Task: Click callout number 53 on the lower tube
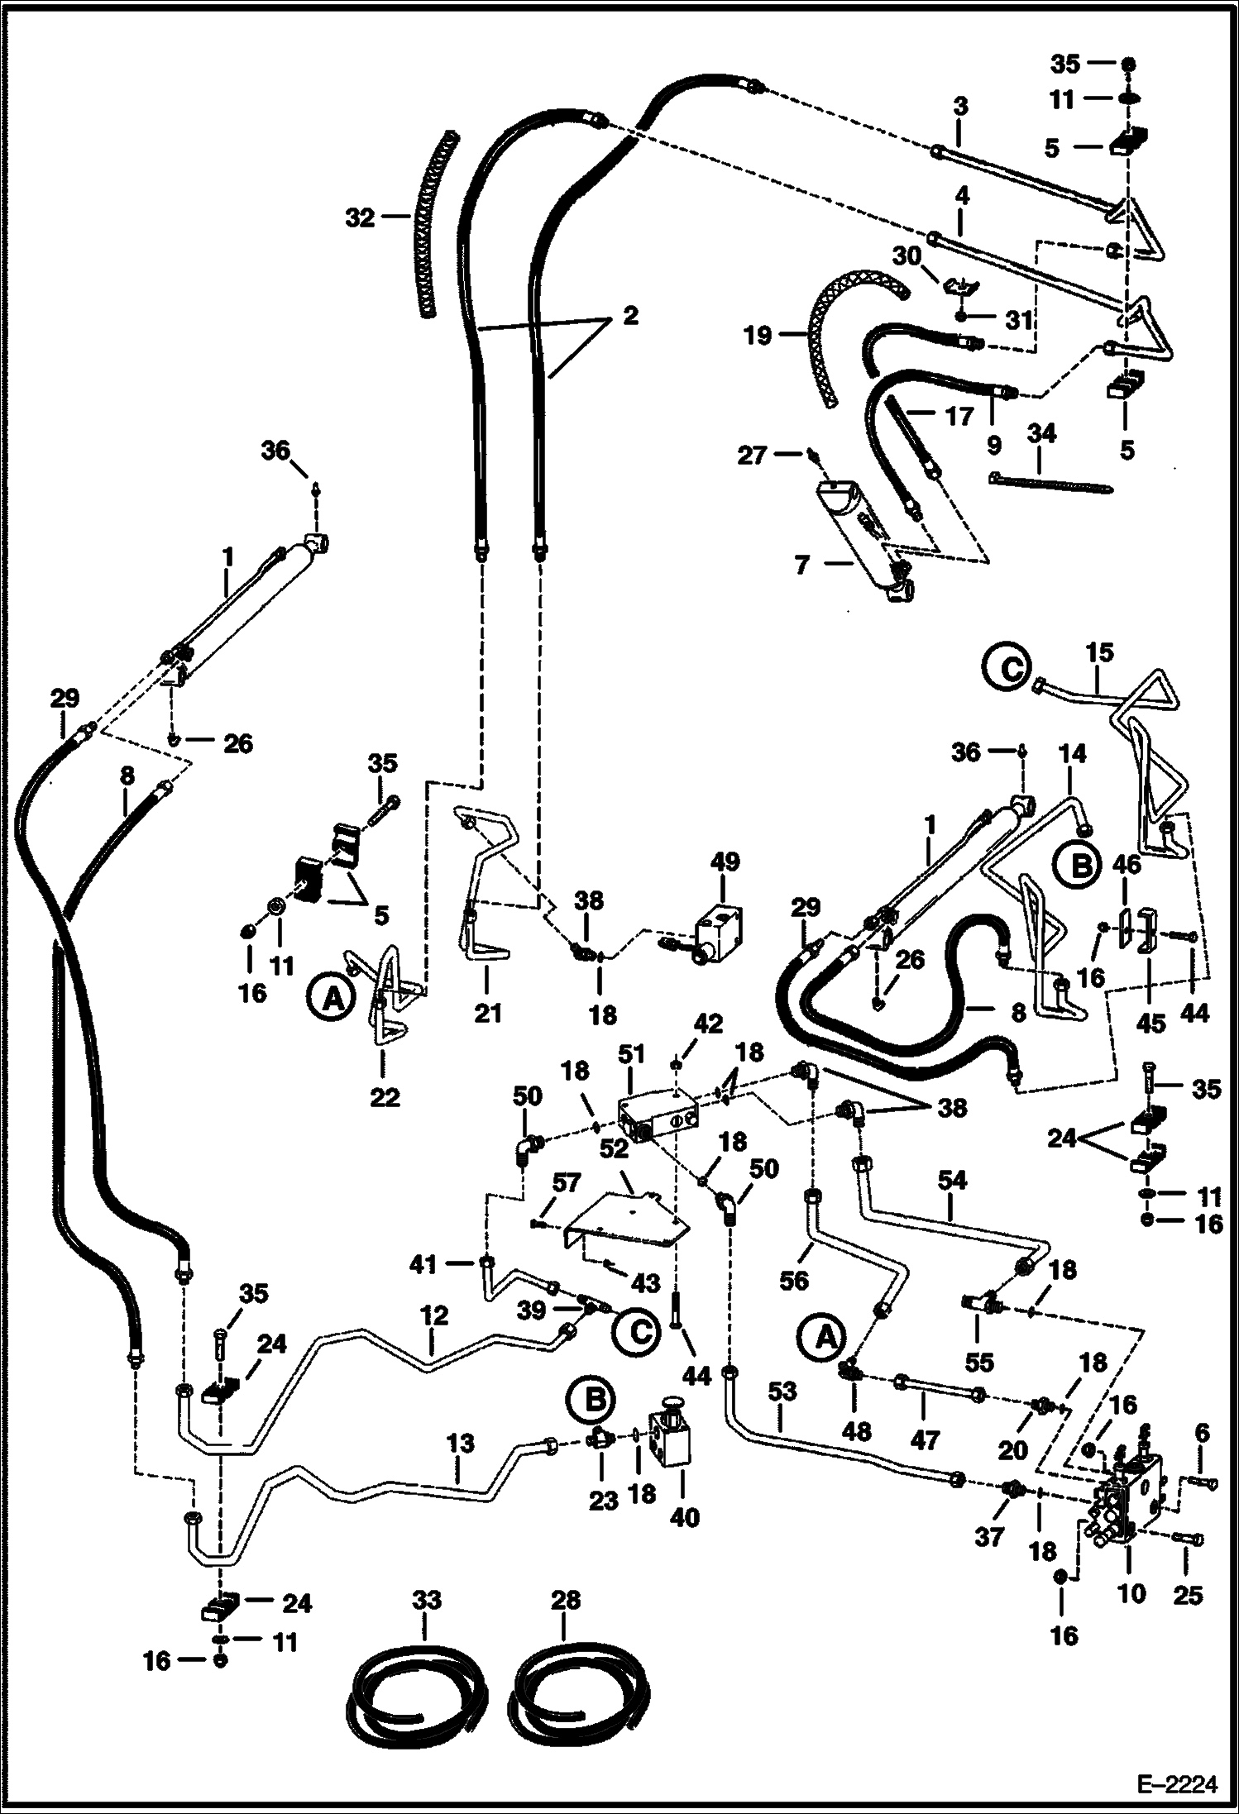(x=782, y=1391)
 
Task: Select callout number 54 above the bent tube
(x=952, y=1180)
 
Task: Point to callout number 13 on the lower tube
(x=461, y=1444)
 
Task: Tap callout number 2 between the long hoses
(x=630, y=316)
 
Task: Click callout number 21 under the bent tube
(x=487, y=1012)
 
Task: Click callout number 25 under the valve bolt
(x=1188, y=1594)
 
